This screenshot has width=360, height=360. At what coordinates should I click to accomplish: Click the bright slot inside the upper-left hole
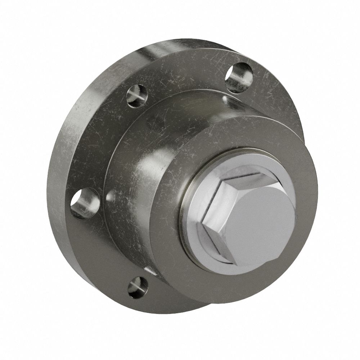pos(136,96)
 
